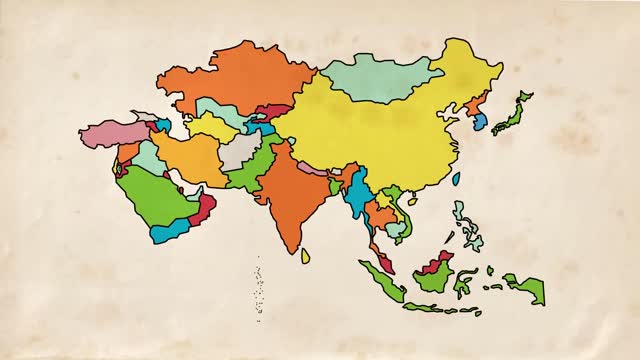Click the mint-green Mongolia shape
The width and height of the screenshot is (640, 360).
click(380, 76)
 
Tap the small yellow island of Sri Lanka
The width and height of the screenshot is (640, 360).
click(305, 256)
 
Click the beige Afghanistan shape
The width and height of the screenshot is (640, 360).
click(241, 151)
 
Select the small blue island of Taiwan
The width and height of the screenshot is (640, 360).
click(456, 179)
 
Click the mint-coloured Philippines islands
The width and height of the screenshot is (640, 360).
click(467, 225)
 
